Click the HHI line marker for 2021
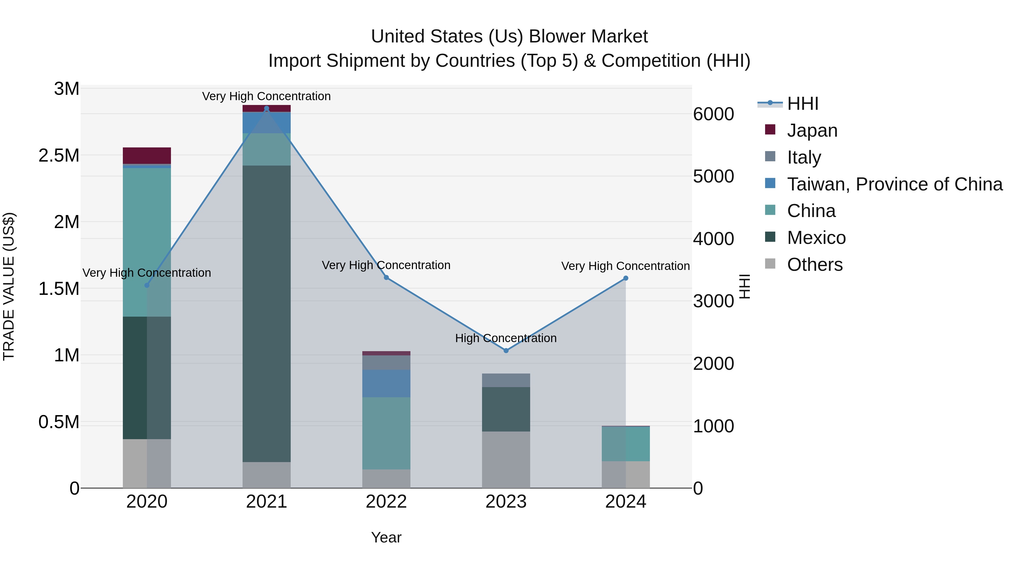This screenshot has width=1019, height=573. (266, 108)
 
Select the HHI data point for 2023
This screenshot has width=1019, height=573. (506, 350)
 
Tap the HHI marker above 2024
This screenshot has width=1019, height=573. (625, 278)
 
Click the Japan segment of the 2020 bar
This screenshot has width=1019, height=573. (147, 155)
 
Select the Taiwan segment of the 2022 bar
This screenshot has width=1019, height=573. (386, 383)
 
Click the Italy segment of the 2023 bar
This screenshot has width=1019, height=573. (506, 380)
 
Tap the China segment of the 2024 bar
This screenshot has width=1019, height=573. (625, 443)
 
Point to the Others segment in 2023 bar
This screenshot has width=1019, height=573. (506, 460)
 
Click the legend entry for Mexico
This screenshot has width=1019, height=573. (816, 238)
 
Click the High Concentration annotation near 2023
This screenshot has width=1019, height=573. (506, 338)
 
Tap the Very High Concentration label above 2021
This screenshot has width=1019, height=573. (266, 96)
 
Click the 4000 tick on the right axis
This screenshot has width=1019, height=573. (713, 239)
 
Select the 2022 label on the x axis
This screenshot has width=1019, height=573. (386, 502)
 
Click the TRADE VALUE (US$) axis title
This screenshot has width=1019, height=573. (9, 286)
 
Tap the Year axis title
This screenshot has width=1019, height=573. (386, 537)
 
